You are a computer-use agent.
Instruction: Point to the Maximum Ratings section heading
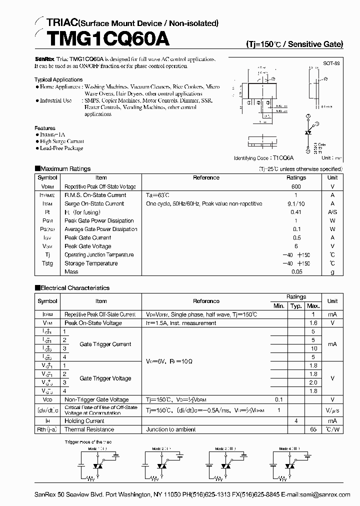pyautogui.click(x=65, y=169)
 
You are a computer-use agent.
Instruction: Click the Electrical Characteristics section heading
pyautogui.click(x=74, y=288)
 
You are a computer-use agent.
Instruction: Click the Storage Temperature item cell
pyautogui.click(x=91, y=263)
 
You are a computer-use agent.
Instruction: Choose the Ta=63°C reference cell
pyautogui.click(x=158, y=195)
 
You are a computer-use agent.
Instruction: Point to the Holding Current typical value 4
pyautogui.click(x=296, y=421)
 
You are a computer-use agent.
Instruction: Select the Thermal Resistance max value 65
pyautogui.click(x=313, y=429)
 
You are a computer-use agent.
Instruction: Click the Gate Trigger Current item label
pyautogui.click(x=105, y=344)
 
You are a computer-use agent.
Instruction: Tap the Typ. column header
pyautogui.click(x=296, y=305)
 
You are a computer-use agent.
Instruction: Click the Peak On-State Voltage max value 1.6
pyautogui.click(x=313, y=323)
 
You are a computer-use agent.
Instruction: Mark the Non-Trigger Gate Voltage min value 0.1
pyautogui.click(x=278, y=399)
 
